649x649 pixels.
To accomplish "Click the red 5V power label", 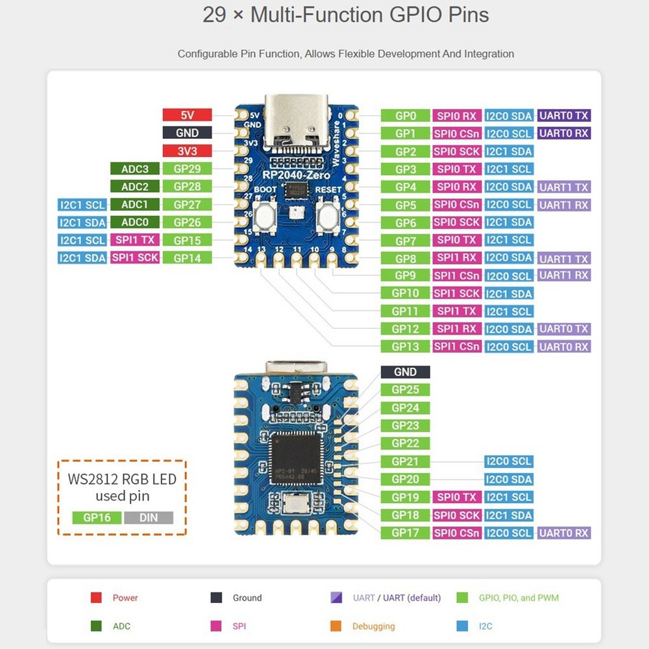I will point(187,116).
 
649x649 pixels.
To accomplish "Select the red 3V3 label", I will point(187,151).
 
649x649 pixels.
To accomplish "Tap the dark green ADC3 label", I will point(135,169).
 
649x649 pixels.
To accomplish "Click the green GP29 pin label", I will point(187,169).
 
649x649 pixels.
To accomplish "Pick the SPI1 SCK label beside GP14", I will point(135,258).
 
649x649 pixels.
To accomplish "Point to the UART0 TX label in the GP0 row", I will point(563,116).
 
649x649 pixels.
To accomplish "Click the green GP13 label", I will point(405,347).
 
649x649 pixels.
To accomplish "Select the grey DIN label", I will point(149,518).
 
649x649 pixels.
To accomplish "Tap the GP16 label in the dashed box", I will point(97,518).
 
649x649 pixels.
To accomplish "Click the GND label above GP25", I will point(405,372).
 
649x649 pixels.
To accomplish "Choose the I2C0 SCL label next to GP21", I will point(509,461).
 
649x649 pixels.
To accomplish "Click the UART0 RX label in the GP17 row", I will point(563,533).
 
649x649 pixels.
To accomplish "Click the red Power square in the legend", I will point(96,598).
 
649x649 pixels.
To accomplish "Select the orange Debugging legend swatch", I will point(336,626).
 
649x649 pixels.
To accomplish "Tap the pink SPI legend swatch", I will point(215,626).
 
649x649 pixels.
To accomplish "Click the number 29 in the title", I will point(214,15).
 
